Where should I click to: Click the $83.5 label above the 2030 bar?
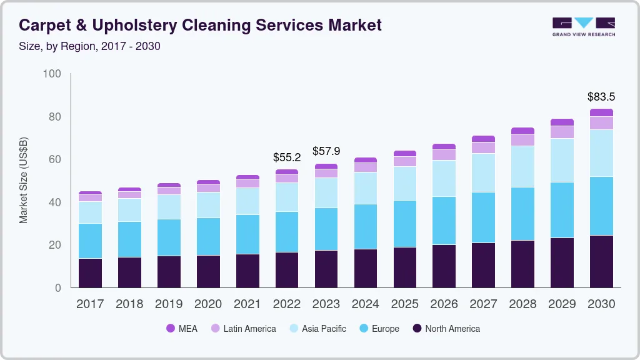tap(601, 97)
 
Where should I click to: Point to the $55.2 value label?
tap(286, 157)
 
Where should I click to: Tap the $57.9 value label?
tap(326, 152)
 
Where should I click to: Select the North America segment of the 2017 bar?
tap(90, 272)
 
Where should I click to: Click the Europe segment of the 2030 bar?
tap(601, 206)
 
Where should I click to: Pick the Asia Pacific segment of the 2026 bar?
tap(444, 179)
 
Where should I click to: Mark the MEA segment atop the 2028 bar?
tap(522, 131)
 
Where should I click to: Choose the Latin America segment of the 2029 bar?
tap(562, 132)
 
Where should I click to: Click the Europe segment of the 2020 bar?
tap(208, 236)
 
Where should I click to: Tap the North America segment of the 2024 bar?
tap(365, 268)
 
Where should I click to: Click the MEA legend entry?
tap(181, 329)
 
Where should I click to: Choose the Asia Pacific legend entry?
tap(317, 329)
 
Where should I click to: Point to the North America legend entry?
tap(446, 329)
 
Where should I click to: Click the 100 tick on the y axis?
tap(52, 74)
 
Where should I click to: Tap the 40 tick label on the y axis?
tap(54, 202)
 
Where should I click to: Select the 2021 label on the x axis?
tap(247, 304)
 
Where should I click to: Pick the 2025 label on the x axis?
tap(404, 304)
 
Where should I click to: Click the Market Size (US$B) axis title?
tap(24, 179)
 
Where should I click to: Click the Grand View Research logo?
tap(583, 26)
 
